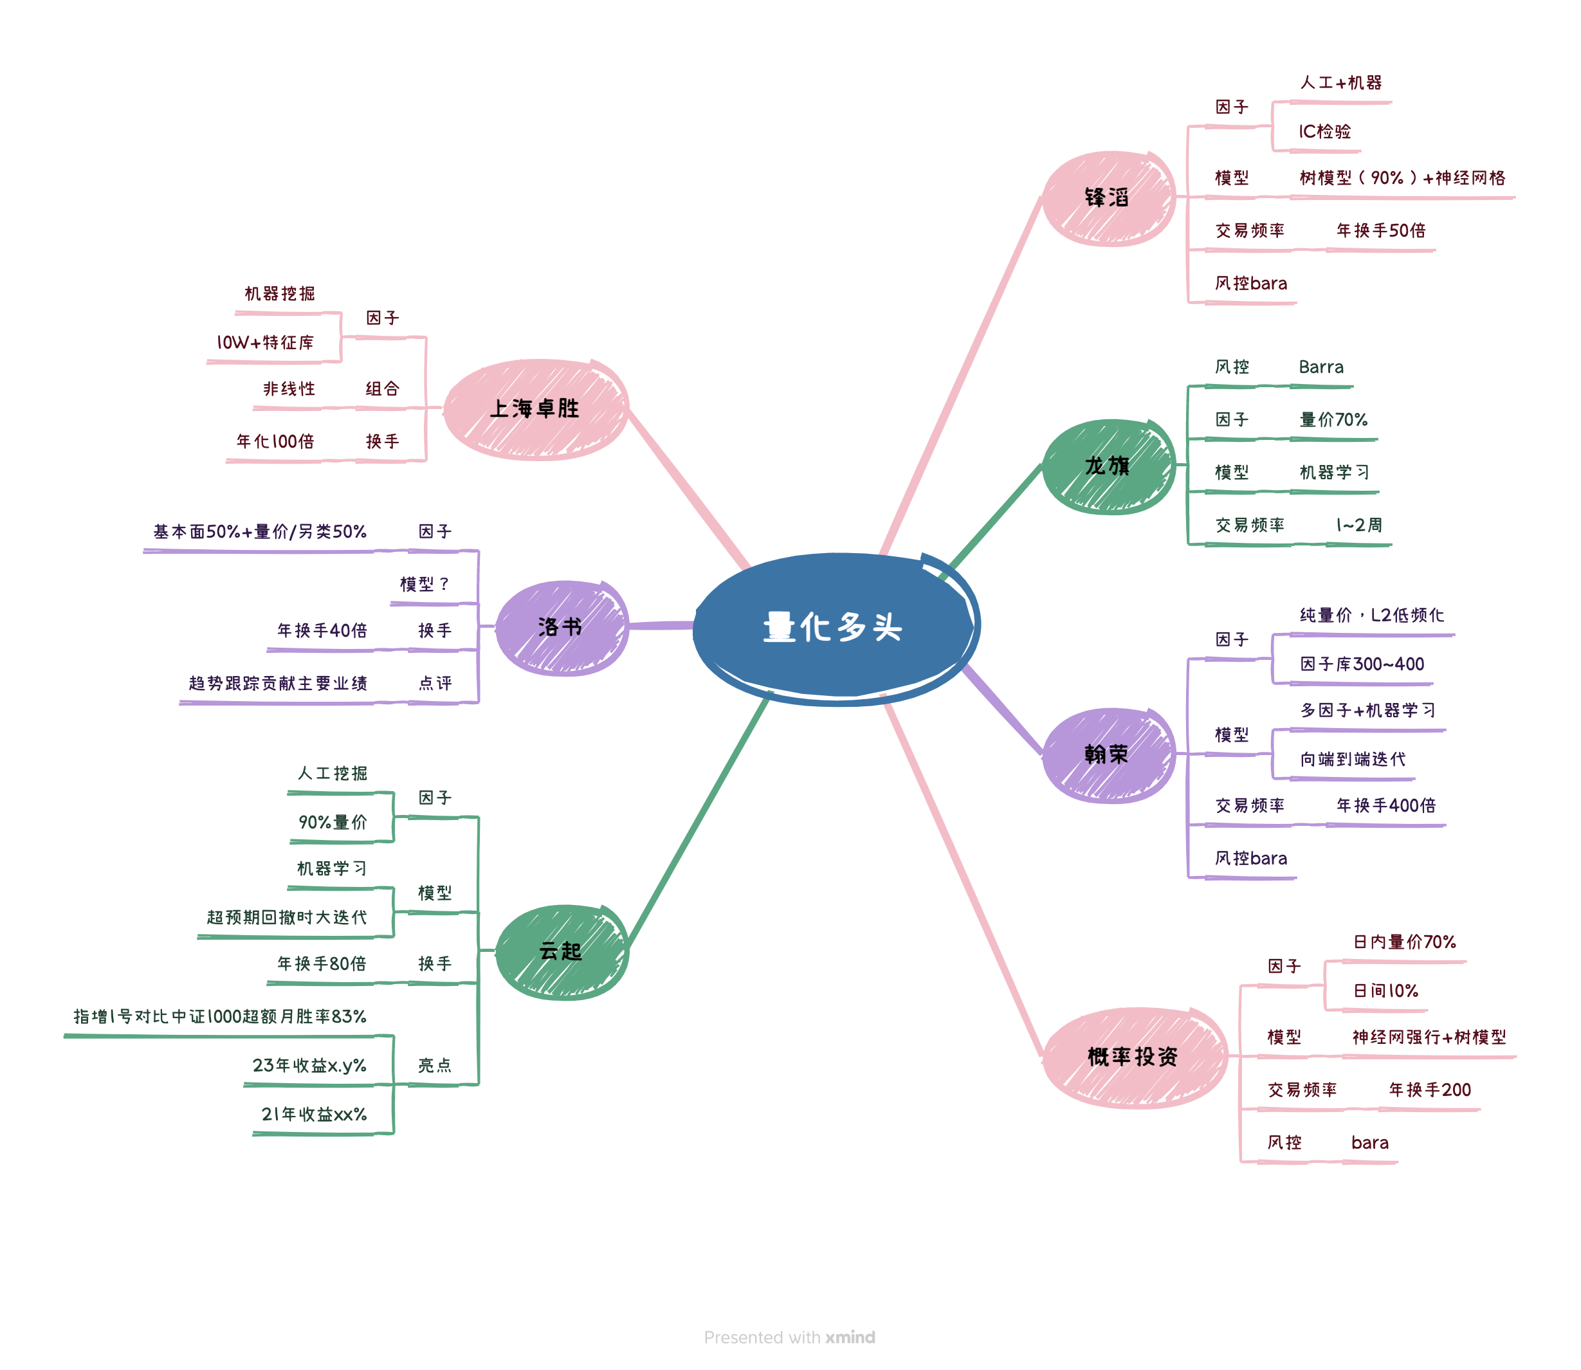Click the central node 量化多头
834,627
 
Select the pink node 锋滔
1106,198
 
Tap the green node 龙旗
1106,466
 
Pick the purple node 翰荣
1106,754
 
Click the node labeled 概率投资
1133,1057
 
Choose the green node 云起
560,951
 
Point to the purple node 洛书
560,627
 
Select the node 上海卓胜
535,408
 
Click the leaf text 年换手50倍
1381,231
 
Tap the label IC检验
1324,131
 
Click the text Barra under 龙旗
1321,367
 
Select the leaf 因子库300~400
1362,664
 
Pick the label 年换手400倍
1385,805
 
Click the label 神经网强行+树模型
1428,1037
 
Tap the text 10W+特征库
265,342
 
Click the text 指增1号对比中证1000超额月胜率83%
220,1016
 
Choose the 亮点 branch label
434,1065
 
